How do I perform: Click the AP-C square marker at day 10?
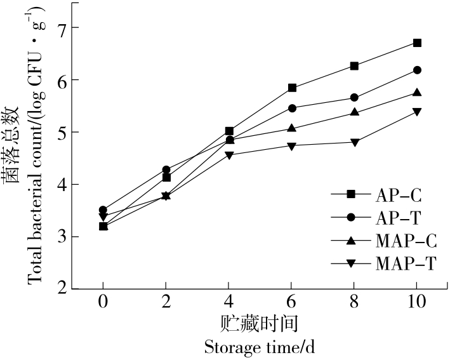tap(417, 43)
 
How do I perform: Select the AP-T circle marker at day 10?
tap(417, 70)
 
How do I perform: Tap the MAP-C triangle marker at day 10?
tap(417, 93)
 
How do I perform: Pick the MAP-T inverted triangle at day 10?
tap(417, 112)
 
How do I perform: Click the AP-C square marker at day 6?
tap(292, 88)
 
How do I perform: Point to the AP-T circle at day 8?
tap(354, 97)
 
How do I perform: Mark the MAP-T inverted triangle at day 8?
tap(354, 142)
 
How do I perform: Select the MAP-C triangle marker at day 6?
tap(292, 128)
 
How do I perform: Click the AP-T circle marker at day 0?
tap(103, 210)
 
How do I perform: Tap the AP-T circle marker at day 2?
tap(166, 170)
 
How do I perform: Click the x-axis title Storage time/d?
tap(260, 348)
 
